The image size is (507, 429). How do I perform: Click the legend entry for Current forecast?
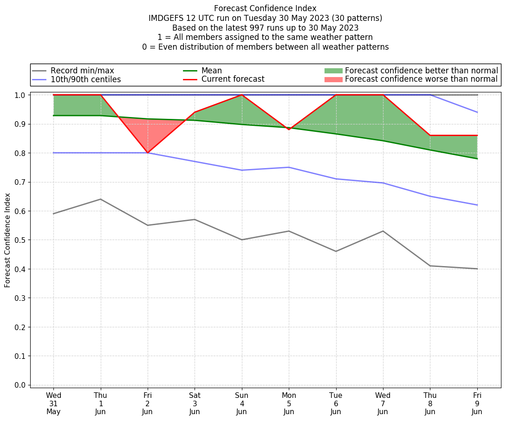pyautogui.click(x=233, y=79)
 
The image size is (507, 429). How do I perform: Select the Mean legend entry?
pyautogui.click(x=211, y=71)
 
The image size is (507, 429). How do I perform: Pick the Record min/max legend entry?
pyautogui.click(x=82, y=71)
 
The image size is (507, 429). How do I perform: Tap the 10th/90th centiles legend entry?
pyautogui.click(x=85, y=79)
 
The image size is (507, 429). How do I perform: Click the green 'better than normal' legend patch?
pyautogui.click(x=333, y=71)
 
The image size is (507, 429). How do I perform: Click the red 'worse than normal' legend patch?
pyautogui.click(x=333, y=79)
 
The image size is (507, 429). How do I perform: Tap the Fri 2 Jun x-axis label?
pyautogui.click(x=148, y=403)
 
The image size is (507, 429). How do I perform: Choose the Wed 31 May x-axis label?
pyautogui.click(x=53, y=403)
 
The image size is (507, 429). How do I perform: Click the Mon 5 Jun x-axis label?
pyautogui.click(x=289, y=403)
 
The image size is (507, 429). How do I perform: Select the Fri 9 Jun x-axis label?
pyautogui.click(x=477, y=403)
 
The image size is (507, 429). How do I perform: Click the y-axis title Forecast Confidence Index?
pyautogui.click(x=7, y=240)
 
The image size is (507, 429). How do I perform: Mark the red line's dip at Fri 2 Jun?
pyautogui.click(x=148, y=153)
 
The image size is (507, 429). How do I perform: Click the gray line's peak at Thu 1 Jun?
pyautogui.click(x=101, y=199)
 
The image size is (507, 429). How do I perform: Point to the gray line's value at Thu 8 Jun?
pyautogui.click(x=430, y=266)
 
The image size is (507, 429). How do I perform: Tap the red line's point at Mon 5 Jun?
pyautogui.click(x=289, y=129)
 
